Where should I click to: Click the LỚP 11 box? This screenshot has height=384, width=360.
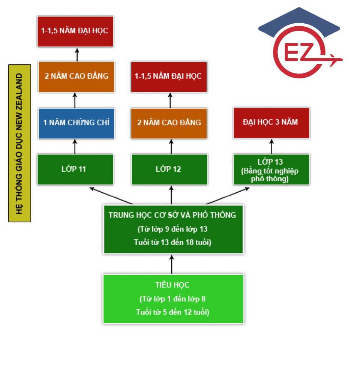pos(75,169)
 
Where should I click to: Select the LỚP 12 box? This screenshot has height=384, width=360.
pos(169,169)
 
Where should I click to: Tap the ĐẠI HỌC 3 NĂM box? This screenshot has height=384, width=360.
pos(271,123)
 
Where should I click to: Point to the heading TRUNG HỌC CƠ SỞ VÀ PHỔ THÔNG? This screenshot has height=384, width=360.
pos(172,215)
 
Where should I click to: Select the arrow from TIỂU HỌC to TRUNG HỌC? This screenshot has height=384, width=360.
pos(172,264)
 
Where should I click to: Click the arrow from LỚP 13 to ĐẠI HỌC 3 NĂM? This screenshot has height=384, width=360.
pos(271,146)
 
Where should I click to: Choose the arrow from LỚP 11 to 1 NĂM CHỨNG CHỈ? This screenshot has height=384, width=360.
pos(75,146)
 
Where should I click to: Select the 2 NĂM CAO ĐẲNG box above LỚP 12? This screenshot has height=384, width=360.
pos(169,123)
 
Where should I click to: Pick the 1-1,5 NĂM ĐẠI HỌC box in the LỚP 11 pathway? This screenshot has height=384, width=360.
pos(75,31)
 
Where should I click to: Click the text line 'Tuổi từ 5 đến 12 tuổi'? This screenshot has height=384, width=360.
pos(172,312)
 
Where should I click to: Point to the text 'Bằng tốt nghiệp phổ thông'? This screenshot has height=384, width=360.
pos(270,175)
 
